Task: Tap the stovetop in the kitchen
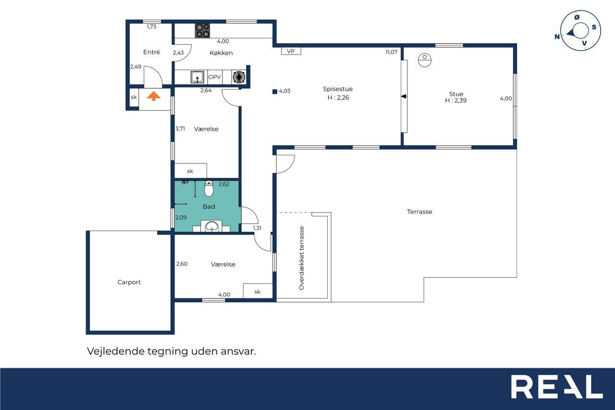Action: tap(202, 30)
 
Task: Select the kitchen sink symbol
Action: tap(197, 77)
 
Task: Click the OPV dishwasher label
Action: tap(214, 77)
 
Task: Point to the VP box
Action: tap(291, 51)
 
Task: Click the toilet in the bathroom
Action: tap(209, 189)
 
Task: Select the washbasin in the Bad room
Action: tap(212, 226)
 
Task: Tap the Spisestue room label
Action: tap(338, 89)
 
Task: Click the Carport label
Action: tap(129, 282)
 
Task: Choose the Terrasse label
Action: tap(419, 211)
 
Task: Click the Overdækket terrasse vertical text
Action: tap(301, 258)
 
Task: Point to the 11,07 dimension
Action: tap(392, 52)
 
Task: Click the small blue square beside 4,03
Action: tap(275, 92)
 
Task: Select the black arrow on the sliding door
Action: tap(404, 97)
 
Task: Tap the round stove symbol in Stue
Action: tap(425, 60)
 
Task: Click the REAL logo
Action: tap(557, 386)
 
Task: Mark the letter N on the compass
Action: tap(557, 37)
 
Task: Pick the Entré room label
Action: tap(151, 52)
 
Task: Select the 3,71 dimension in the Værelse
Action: tap(180, 128)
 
